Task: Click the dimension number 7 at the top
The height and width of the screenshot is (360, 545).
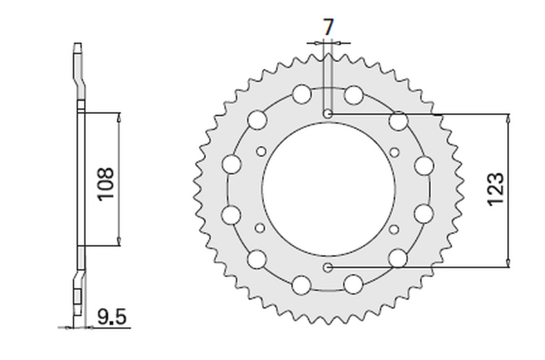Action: pyautogui.click(x=328, y=27)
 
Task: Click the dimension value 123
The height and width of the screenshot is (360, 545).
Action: pyautogui.click(x=495, y=190)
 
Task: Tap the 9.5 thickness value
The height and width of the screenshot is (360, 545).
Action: pyautogui.click(x=112, y=317)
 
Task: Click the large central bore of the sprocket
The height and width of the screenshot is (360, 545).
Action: pyautogui.click(x=328, y=190)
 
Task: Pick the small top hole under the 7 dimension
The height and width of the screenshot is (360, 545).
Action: pyautogui.click(x=328, y=114)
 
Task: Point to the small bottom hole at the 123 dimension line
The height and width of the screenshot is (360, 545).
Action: pyautogui.click(x=328, y=268)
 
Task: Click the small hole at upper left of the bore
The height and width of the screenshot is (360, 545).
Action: pyautogui.click(x=261, y=151)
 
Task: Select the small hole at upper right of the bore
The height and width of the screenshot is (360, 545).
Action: pyautogui.click(x=395, y=152)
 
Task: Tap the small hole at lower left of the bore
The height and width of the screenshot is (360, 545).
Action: pyautogui.click(x=260, y=228)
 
